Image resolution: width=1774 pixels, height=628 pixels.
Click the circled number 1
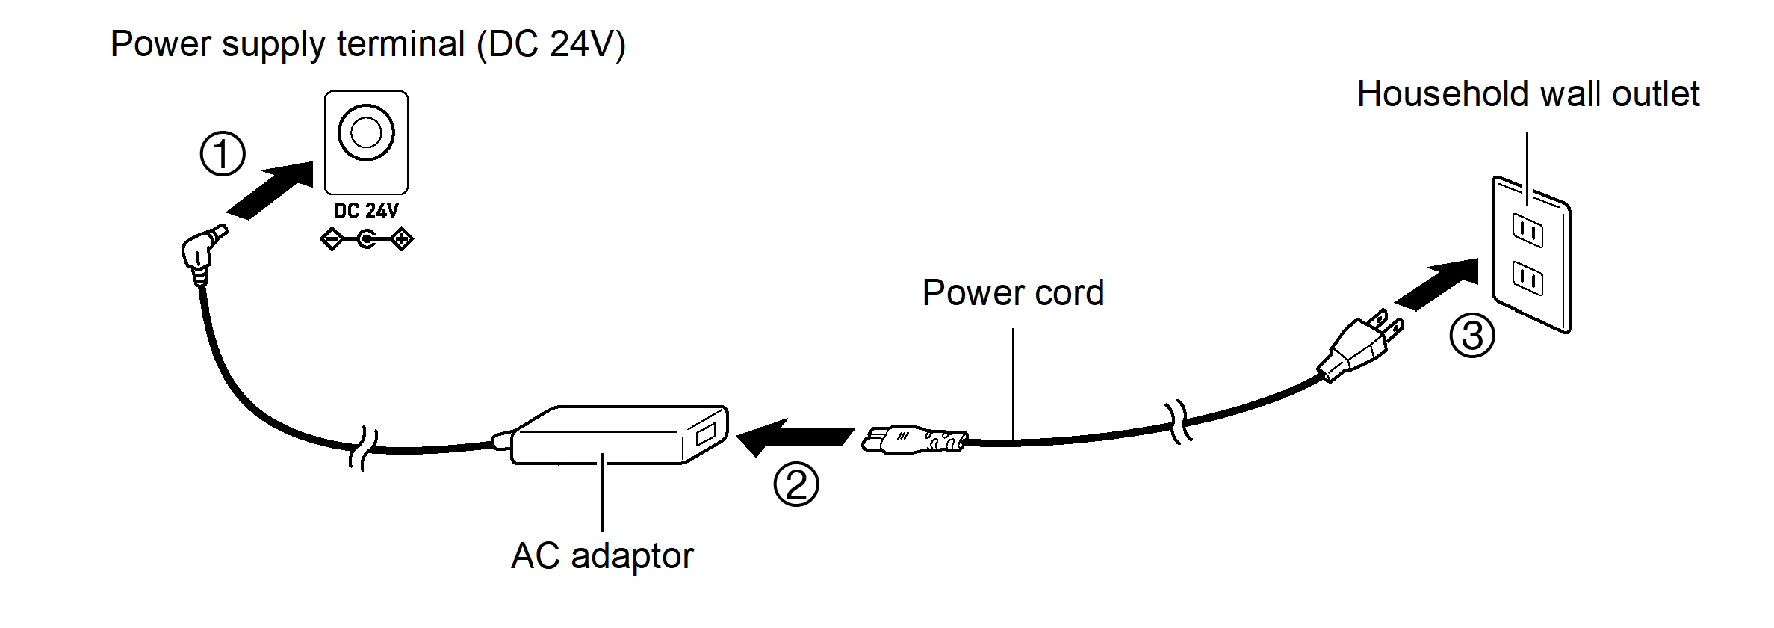point(223,155)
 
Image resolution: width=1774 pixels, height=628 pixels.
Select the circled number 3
point(1471,336)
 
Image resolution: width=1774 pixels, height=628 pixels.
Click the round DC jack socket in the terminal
point(366,133)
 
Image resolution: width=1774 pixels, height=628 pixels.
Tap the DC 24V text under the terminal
point(366,211)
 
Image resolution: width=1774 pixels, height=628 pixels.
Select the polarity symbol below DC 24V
point(366,240)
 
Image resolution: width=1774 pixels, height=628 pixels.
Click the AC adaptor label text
point(602,556)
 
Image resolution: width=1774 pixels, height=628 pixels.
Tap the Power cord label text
point(1013,292)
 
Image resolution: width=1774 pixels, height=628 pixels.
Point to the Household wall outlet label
point(1528,95)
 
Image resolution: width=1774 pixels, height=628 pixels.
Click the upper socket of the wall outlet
point(1528,231)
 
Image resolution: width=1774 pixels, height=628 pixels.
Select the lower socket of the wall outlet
point(1528,278)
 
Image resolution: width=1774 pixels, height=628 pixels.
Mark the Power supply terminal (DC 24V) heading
point(367,44)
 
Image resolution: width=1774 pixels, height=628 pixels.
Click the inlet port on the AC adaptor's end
point(705,435)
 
